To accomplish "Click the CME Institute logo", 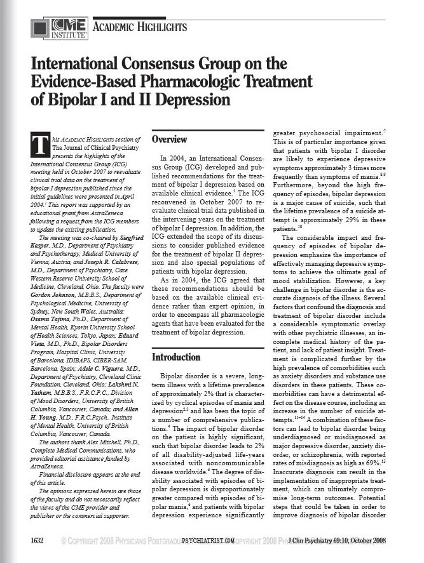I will click(x=51, y=27).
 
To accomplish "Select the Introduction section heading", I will click(x=175, y=357).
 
